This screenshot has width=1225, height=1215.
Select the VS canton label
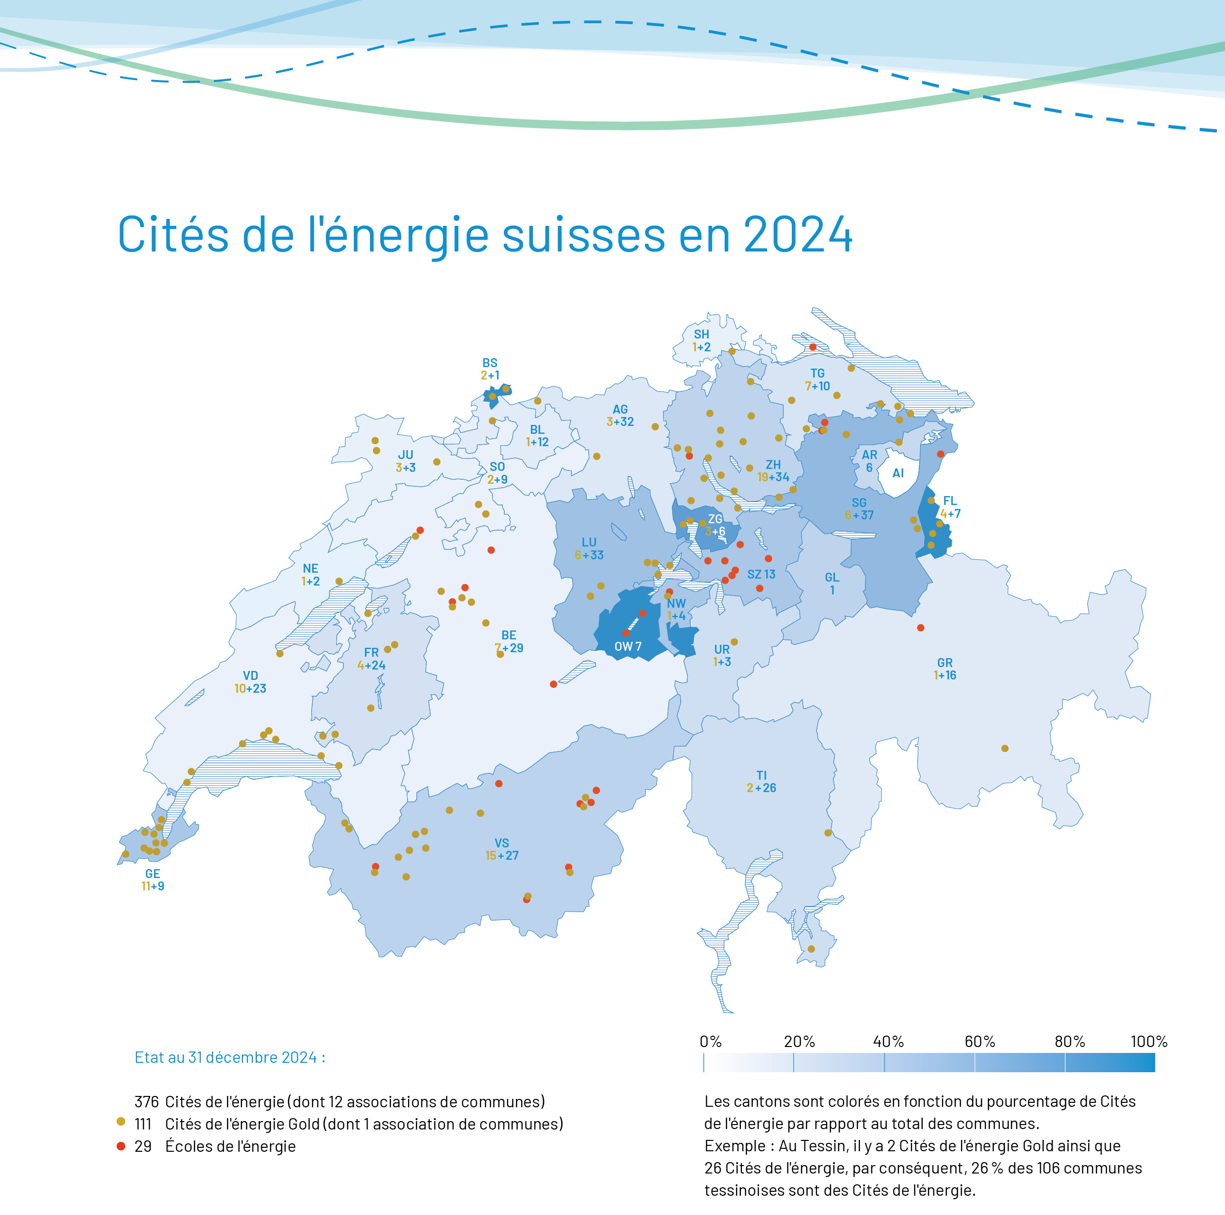point(501,843)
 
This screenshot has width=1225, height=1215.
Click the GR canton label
point(945,663)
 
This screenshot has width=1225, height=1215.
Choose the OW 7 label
point(628,647)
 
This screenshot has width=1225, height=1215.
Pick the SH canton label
point(701,334)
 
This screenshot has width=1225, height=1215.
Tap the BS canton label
point(490,363)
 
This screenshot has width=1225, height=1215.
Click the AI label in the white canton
point(898,473)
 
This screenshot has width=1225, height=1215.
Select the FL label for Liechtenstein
point(950,501)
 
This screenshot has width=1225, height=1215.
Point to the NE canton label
point(310,568)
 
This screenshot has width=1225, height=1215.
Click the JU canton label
point(405,455)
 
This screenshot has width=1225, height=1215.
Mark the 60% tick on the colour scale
point(975,1062)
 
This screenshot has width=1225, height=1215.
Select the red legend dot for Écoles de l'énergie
point(121,1146)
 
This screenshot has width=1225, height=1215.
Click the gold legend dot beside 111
point(121,1122)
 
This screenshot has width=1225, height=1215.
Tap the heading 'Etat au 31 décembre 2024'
point(230,1057)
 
